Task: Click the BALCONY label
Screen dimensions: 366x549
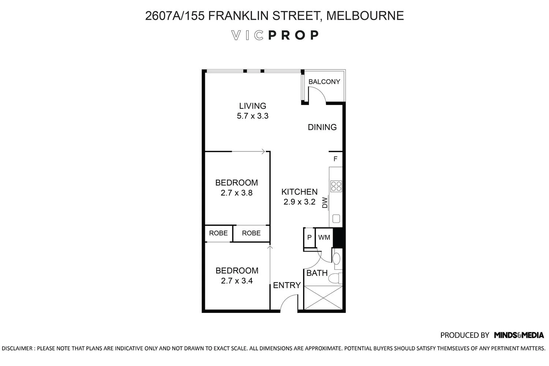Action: click(x=324, y=82)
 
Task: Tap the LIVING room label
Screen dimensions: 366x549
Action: click(x=253, y=106)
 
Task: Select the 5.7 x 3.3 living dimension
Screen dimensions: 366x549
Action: click(x=253, y=116)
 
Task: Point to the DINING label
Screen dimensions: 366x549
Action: click(x=322, y=127)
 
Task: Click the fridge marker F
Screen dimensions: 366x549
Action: click(x=335, y=159)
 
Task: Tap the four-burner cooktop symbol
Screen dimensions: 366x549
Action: click(x=336, y=186)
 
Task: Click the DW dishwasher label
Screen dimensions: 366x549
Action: click(x=325, y=203)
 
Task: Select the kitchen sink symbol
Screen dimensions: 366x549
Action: click(x=336, y=219)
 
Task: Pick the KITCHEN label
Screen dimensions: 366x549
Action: click(x=299, y=192)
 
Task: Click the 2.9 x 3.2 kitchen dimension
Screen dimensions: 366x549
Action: click(x=299, y=202)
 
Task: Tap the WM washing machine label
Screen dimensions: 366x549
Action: click(x=324, y=238)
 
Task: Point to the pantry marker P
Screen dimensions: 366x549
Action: click(x=309, y=238)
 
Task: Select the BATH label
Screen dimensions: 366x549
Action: click(x=317, y=273)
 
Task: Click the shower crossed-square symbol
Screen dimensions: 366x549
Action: click(x=323, y=298)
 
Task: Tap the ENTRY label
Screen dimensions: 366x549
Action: click(x=287, y=285)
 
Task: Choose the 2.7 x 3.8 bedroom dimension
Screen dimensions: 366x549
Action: click(x=236, y=193)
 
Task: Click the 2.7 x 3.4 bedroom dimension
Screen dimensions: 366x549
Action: click(x=237, y=281)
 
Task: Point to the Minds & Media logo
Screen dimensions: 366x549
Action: click(x=519, y=335)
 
